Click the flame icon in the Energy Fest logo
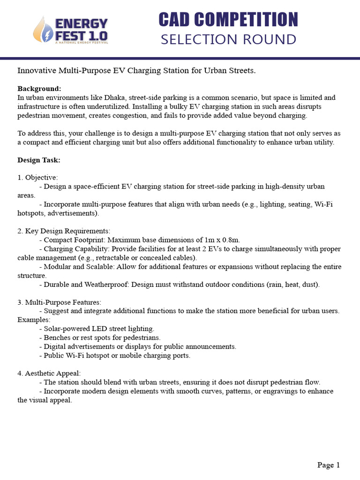click(41, 30)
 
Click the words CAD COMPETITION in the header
click(228, 20)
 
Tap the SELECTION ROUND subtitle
click(228, 39)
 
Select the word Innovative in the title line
click(36, 71)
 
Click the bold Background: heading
click(39, 89)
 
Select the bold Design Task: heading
click(39, 160)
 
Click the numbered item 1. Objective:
click(37, 178)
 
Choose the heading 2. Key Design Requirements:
click(64, 231)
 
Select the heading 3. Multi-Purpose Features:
click(59, 302)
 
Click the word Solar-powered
click(66, 329)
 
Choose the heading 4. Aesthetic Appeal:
click(49, 374)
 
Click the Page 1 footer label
click(328, 465)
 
